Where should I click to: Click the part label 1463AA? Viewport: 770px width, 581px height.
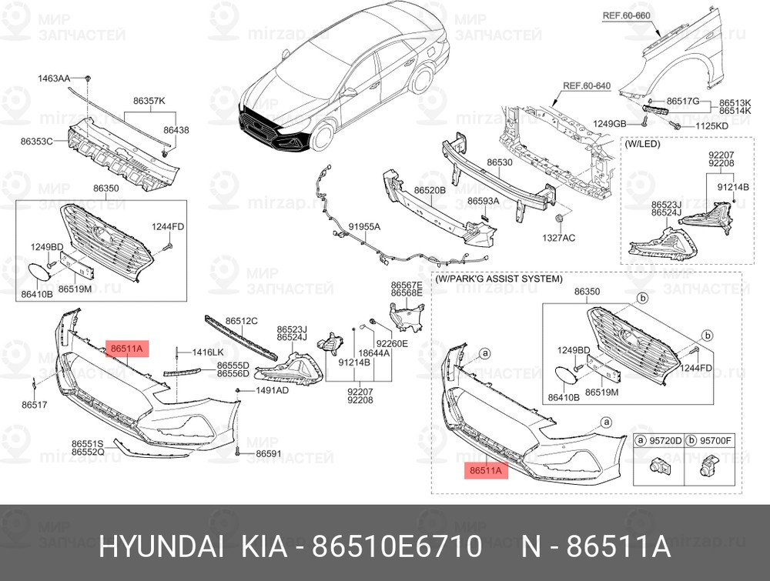tap(54, 78)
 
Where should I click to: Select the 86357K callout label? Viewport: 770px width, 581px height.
tap(149, 101)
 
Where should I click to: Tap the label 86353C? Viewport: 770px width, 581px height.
tap(36, 142)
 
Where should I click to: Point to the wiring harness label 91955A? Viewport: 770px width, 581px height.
tap(364, 227)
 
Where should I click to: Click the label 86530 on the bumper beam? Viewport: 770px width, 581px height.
tap(500, 162)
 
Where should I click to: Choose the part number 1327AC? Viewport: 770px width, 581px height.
tap(559, 238)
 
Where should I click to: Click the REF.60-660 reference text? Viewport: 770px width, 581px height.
tap(626, 15)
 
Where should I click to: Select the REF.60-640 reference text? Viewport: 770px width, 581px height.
tap(587, 86)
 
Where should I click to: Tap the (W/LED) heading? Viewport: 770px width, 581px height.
tap(642, 144)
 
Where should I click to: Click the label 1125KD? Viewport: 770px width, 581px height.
tap(712, 126)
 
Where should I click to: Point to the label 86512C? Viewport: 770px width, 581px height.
tap(242, 321)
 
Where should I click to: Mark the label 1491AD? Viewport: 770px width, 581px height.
tap(273, 391)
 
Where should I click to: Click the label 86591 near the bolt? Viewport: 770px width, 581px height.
tap(269, 454)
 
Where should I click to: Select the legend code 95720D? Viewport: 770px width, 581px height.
tap(666, 441)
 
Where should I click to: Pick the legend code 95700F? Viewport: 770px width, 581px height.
tap(715, 441)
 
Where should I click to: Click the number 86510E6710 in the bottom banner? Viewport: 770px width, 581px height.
tap(397, 546)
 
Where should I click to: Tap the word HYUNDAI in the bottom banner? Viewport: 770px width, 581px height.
tap(162, 546)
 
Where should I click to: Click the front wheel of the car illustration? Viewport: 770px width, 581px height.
tap(322, 136)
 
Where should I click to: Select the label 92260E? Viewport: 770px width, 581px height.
tap(392, 343)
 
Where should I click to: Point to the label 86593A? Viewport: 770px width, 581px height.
tap(483, 201)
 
